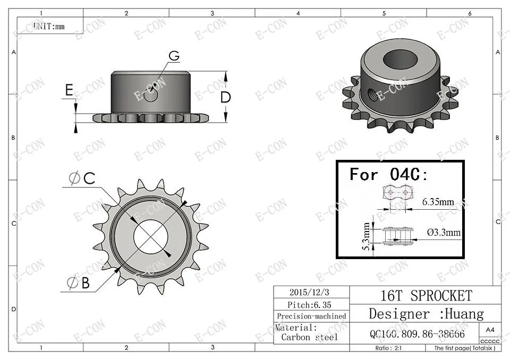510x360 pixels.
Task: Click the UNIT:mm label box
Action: click(x=49, y=25)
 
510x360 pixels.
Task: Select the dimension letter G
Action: click(x=174, y=56)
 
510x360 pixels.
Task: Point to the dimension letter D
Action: click(x=226, y=97)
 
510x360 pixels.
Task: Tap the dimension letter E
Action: click(x=69, y=91)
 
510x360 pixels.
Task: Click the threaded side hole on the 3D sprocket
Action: click(x=371, y=94)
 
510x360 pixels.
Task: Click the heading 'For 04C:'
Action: click(x=388, y=174)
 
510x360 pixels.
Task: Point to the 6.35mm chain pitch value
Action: click(x=438, y=202)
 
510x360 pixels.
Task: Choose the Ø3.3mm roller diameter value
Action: click(x=443, y=233)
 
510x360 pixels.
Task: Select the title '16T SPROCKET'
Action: click(x=426, y=295)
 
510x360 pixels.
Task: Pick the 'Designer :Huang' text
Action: click(x=426, y=313)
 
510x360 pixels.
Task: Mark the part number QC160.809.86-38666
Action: click(x=417, y=335)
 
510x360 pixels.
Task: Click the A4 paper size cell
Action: click(x=490, y=329)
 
